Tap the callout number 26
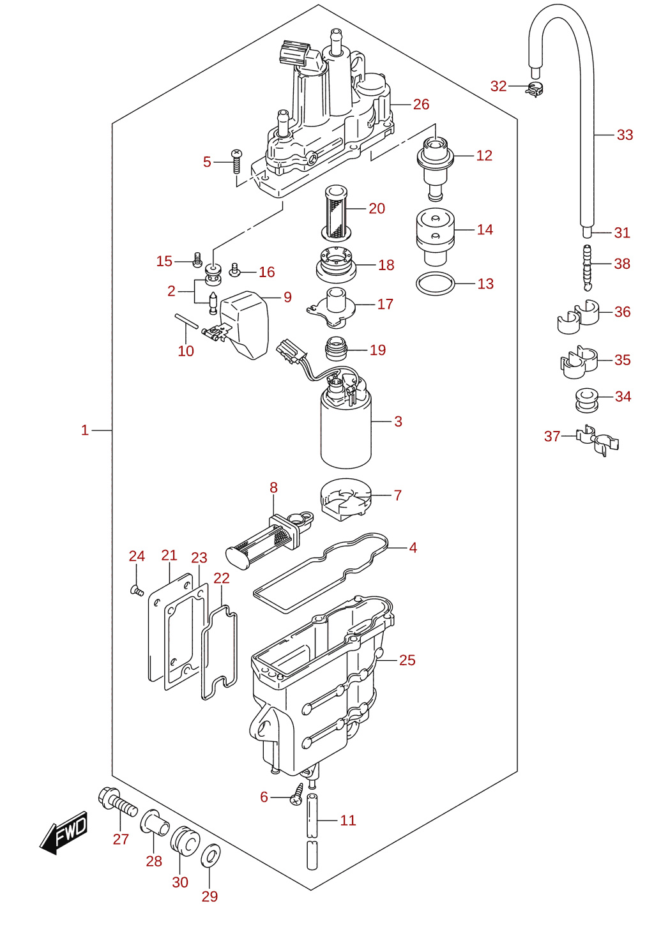[421, 105]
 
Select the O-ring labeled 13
[435, 284]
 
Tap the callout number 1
[85, 430]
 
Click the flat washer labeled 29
[210, 858]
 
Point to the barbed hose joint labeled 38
[587, 268]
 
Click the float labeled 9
[245, 325]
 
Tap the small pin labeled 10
[186, 321]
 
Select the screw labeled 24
[137, 590]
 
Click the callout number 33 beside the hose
[625, 135]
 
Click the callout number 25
[407, 660]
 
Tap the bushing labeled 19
[336, 349]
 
